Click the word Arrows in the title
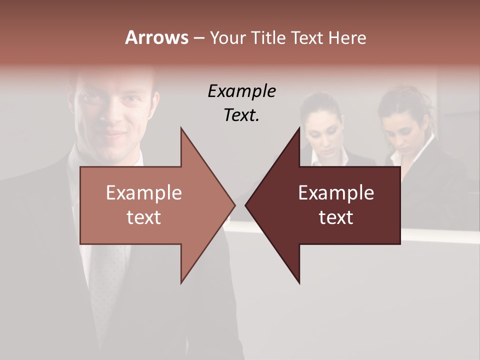[156, 37]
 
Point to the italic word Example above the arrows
[241, 91]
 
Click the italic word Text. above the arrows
[241, 115]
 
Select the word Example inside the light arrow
[144, 193]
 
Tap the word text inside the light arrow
[144, 217]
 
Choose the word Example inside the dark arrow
[336, 193]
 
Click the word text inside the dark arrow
[336, 217]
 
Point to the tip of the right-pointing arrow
[235, 205]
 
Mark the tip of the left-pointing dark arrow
[245, 205]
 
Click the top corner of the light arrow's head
[181, 128]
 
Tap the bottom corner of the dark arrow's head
[299, 283]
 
